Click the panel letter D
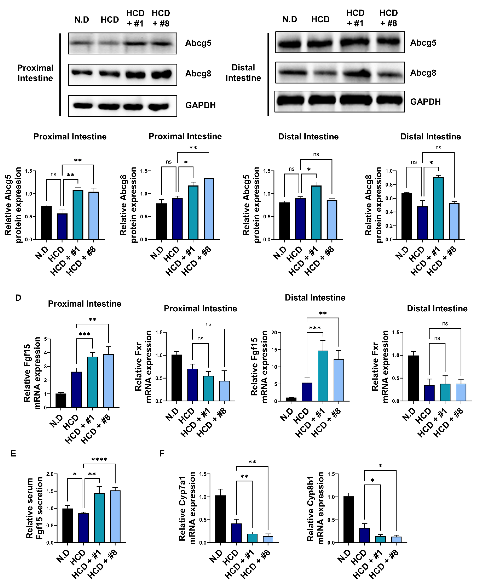pyautogui.click(x=18, y=298)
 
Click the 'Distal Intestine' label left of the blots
pyautogui.click(x=243, y=73)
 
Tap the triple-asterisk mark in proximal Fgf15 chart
pyautogui.click(x=84, y=334)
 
